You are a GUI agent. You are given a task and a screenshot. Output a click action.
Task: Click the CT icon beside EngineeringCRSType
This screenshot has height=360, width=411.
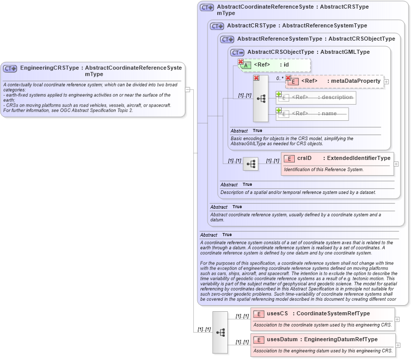[x=10, y=69]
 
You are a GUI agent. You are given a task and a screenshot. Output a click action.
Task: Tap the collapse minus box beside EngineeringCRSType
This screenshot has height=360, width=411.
[x=187, y=90]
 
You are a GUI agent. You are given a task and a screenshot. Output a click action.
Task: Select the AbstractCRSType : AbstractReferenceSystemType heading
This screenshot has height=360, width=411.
[x=297, y=25]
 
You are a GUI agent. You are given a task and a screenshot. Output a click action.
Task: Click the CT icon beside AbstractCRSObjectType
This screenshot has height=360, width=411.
[x=237, y=52]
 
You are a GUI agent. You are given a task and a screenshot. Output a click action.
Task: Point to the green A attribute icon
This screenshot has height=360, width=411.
[x=246, y=65]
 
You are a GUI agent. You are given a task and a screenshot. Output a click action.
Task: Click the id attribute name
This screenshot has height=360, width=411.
[x=286, y=65]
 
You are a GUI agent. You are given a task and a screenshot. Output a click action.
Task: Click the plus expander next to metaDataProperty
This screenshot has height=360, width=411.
[x=387, y=82]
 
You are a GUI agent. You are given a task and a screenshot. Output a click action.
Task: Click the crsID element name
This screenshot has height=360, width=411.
[x=304, y=158]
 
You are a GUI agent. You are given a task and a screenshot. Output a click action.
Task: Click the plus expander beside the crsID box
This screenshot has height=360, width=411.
[x=396, y=164]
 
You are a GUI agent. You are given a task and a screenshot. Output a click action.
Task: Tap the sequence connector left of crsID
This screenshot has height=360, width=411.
[x=251, y=164]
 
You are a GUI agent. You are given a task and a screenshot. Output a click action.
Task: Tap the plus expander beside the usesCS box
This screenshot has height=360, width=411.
[x=397, y=319]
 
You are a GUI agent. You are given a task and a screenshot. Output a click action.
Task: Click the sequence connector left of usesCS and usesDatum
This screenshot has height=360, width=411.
[x=220, y=332]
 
